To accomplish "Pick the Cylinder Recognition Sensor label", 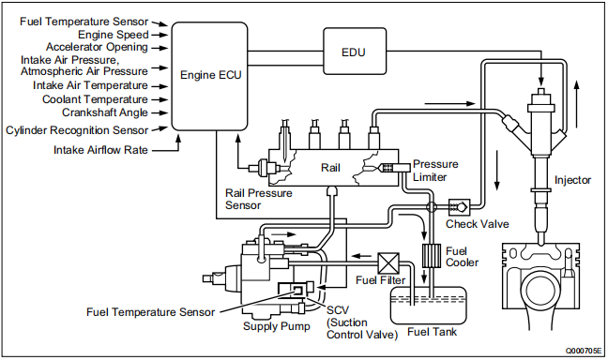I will (x=77, y=129).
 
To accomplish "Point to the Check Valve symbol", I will (x=461, y=205).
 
